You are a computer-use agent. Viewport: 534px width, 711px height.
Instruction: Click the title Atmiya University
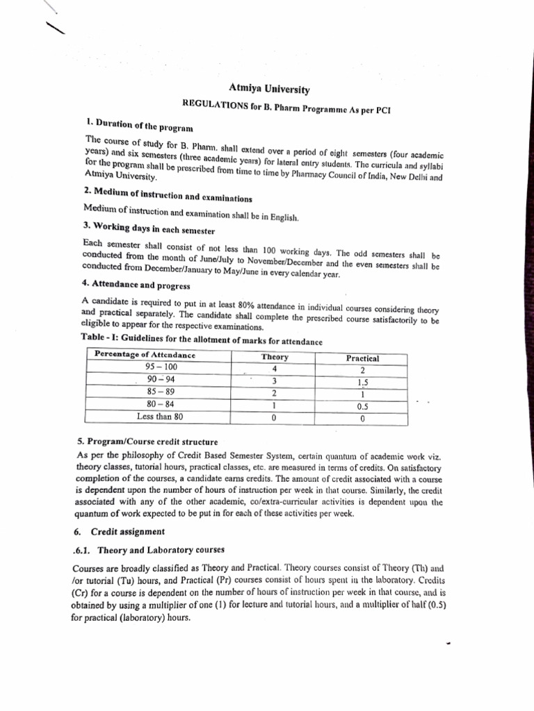tap(269, 89)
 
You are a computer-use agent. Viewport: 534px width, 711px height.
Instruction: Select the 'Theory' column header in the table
tap(275, 357)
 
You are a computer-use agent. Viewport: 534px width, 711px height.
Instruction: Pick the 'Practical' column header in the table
tap(362, 358)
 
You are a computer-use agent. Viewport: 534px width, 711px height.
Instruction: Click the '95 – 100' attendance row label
tap(161, 367)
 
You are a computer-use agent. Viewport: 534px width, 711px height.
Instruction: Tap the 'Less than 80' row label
tap(160, 417)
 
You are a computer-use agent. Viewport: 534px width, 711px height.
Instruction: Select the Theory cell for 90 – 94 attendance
tap(275, 380)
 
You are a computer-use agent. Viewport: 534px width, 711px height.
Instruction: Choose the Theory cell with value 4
tap(275, 369)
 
